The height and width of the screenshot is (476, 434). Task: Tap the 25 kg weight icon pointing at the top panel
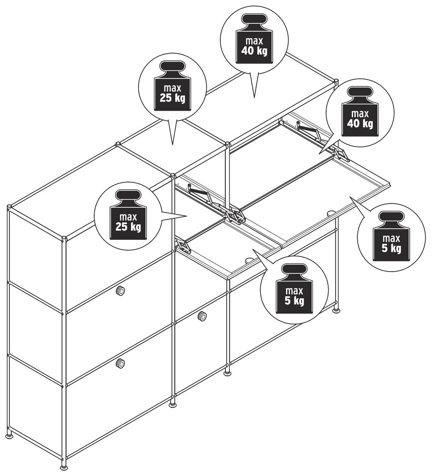(172, 86)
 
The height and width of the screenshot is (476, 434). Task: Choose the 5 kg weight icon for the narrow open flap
(294, 289)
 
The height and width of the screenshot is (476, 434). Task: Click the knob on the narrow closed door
(201, 316)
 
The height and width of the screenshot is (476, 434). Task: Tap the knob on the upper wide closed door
(120, 291)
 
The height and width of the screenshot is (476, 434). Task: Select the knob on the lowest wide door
(120, 363)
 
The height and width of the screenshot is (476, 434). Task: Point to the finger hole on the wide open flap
(331, 213)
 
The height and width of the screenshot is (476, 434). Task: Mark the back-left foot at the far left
(11, 435)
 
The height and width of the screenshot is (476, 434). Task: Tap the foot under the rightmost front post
(337, 310)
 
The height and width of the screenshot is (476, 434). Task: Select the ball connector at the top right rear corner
(336, 81)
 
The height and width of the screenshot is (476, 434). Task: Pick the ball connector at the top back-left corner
(9, 208)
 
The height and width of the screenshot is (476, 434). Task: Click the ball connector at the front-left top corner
(64, 239)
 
